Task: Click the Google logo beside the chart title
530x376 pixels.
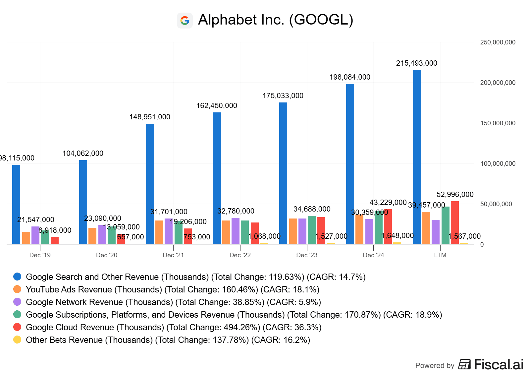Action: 185,21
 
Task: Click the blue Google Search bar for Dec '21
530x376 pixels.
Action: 150,184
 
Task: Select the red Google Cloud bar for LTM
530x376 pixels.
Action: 455,222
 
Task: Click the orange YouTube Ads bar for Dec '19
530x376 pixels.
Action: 26,238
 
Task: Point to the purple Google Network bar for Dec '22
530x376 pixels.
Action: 236,231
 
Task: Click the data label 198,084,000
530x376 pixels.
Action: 350,77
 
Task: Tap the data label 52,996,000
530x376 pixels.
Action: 455,195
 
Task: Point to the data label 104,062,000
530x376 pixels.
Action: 83,154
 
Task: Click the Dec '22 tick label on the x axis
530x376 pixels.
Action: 240,255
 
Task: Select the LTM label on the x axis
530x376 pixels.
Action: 440,255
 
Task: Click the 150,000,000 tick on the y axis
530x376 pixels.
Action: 498,123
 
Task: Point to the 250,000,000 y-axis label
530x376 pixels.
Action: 498,42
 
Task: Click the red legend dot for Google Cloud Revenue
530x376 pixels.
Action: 17,327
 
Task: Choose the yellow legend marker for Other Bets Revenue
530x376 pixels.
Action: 17,340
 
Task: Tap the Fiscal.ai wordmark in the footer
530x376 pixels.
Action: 499,365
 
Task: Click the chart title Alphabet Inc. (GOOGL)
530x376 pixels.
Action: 276,20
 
